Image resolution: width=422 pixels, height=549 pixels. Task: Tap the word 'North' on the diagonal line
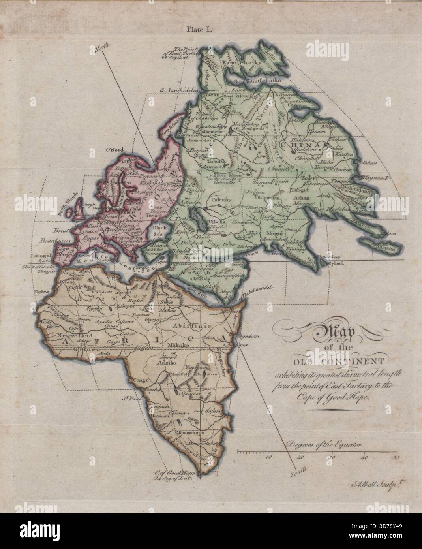pos(101,49)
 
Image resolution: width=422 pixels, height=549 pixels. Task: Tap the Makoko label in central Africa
pos(176,346)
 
